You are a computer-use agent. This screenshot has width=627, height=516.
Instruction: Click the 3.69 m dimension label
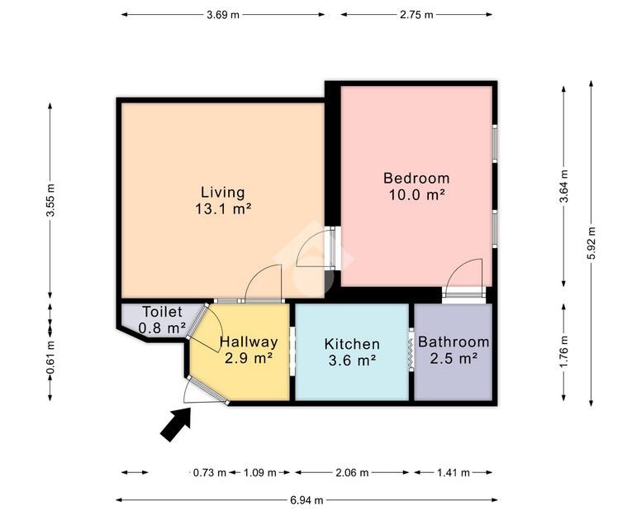point(223,15)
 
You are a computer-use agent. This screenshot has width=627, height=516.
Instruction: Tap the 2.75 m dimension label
point(416,15)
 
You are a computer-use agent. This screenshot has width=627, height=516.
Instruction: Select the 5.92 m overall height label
point(591,243)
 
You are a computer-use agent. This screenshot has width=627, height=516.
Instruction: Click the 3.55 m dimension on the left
point(50,200)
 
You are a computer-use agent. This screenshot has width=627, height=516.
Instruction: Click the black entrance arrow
point(176,424)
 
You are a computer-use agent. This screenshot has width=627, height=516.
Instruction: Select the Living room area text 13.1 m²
point(223,208)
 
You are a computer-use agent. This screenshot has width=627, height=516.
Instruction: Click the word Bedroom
point(416,178)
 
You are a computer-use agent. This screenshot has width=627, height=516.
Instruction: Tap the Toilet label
point(163,312)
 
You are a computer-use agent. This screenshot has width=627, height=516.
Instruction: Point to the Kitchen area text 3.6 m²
point(352,361)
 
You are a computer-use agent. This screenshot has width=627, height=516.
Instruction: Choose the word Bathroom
point(454,342)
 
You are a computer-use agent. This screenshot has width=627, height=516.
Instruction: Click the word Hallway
point(249,342)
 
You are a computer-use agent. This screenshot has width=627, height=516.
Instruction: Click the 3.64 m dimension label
point(564,187)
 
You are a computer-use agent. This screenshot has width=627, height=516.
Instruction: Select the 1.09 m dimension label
point(260,473)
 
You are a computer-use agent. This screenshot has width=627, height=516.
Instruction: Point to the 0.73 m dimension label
point(210,473)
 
